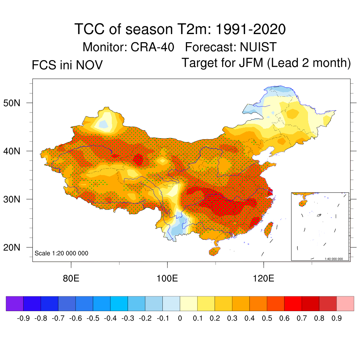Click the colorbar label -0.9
coord(23,319)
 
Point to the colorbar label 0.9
coord(337,319)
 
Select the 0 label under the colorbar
coord(180,319)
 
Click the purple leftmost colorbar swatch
coord(14,303)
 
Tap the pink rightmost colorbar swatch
coord(345,303)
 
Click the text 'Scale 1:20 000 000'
coord(62,253)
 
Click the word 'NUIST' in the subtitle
coord(258,47)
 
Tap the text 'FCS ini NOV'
coord(67,65)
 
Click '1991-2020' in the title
coord(250,30)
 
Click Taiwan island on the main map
coord(269,229)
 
